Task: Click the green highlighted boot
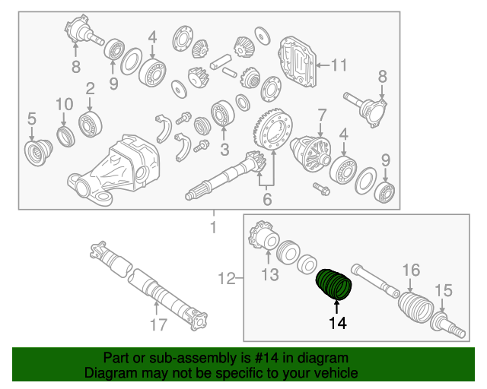click(334, 283)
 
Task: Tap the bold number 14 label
click(336, 324)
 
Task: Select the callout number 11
click(338, 65)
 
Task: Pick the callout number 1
click(213, 227)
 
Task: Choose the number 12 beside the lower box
click(226, 280)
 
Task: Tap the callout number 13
click(271, 274)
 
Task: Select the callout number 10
click(65, 103)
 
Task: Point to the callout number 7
click(322, 115)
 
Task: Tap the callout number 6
click(267, 200)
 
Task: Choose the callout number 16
click(411, 270)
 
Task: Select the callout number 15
click(443, 289)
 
